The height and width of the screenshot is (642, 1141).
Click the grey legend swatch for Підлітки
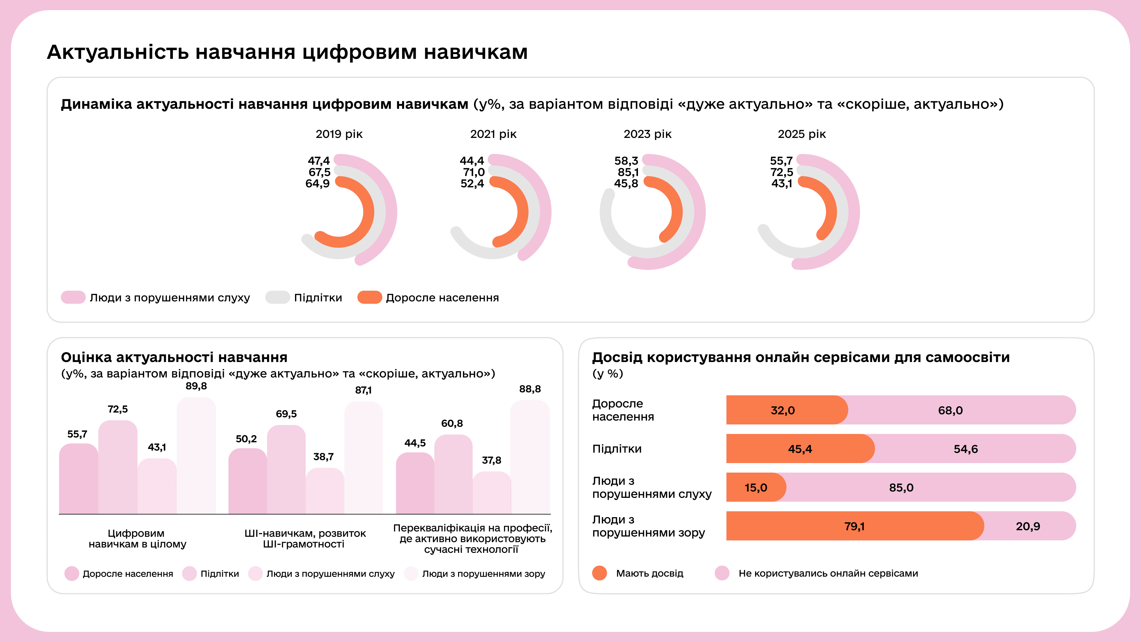tap(277, 297)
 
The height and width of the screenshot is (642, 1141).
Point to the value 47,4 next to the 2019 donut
tap(319, 160)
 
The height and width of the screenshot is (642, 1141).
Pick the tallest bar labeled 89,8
tap(196, 456)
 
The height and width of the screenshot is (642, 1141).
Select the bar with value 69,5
tap(286, 470)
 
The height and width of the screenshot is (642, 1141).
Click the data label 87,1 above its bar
tap(363, 390)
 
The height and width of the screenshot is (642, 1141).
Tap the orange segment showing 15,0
tap(756, 487)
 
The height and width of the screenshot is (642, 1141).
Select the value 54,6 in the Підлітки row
tap(966, 449)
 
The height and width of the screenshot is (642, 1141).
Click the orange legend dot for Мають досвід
tap(599, 573)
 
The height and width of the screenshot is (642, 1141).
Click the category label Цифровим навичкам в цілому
tap(137, 538)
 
